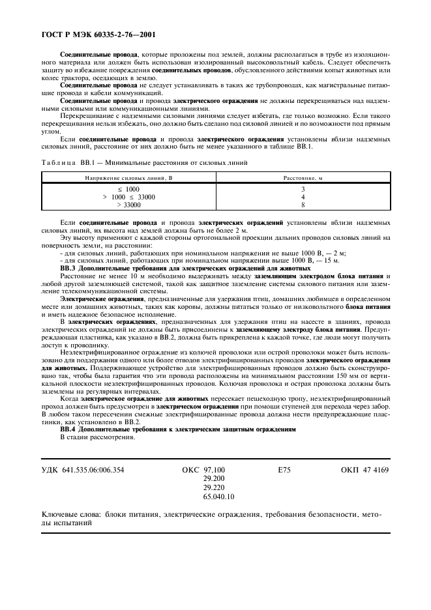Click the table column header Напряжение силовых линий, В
click(128, 177)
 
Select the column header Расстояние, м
click(303, 177)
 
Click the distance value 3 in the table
click(303, 189)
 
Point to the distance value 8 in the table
click(303, 205)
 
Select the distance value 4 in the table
click(303, 197)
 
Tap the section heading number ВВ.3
click(68, 268)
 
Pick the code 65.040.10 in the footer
click(218, 497)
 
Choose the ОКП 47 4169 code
click(364, 469)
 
